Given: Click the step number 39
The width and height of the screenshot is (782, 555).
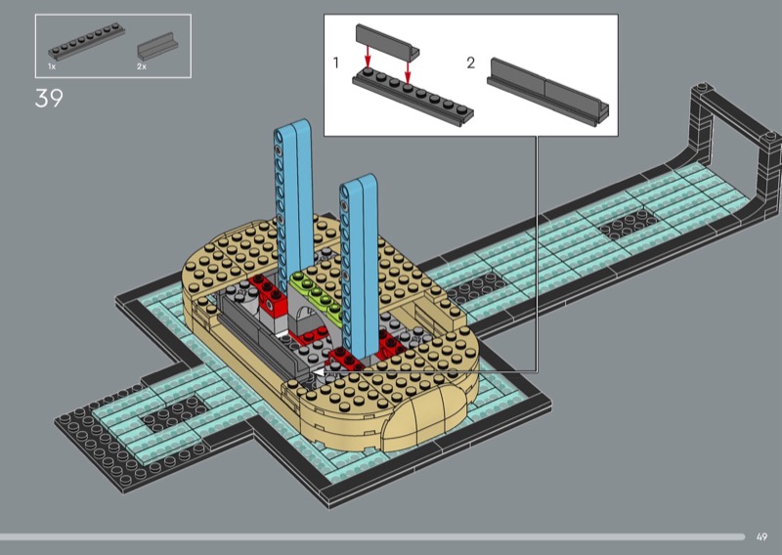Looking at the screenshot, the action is (x=49, y=98).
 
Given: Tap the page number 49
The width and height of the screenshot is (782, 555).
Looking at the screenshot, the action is (x=761, y=537).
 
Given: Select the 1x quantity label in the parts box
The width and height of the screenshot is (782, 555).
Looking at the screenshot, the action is (x=52, y=66).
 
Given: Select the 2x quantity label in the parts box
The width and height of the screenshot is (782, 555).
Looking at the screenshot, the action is (x=142, y=66).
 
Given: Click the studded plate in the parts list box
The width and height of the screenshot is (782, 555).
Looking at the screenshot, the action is (x=86, y=41).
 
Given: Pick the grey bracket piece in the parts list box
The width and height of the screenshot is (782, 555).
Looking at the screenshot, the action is (x=157, y=46).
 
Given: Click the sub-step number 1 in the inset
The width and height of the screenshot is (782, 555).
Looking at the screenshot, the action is (x=336, y=63).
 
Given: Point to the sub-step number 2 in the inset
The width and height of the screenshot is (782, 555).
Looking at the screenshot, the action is (x=471, y=63).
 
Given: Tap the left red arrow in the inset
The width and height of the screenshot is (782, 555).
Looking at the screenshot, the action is (x=368, y=57).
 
